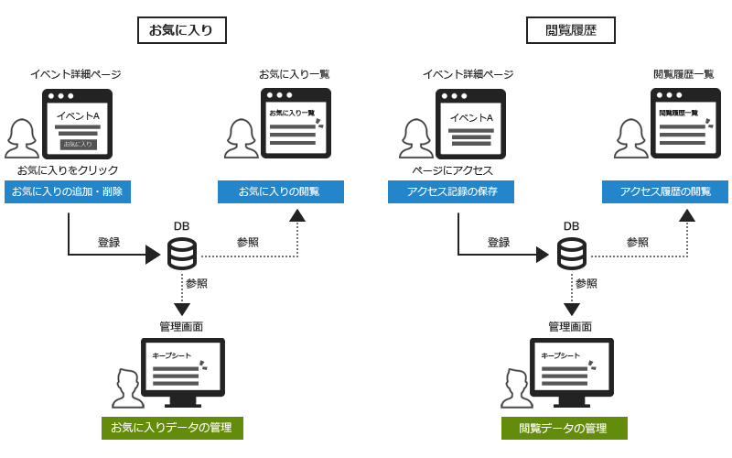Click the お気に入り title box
pyautogui.click(x=181, y=30)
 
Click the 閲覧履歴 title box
pyautogui.click(x=570, y=30)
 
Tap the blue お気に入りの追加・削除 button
pyautogui.click(x=68, y=191)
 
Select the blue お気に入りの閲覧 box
pyautogui.click(x=280, y=191)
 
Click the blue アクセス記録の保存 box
pyautogui.click(x=452, y=191)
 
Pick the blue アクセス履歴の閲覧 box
pyautogui.click(x=664, y=191)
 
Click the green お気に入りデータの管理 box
pyautogui.click(x=171, y=428)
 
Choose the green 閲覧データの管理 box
pyautogui.click(x=563, y=428)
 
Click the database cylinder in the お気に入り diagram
pyautogui.click(x=182, y=253)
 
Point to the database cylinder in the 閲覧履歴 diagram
pyautogui.click(x=572, y=253)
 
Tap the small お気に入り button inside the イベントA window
pyautogui.click(x=78, y=144)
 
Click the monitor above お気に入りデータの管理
pyautogui.click(x=183, y=371)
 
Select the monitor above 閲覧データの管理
pyautogui.click(x=572, y=371)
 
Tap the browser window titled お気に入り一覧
pyautogui.click(x=295, y=123)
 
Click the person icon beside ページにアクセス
pyautogui.click(x=416, y=138)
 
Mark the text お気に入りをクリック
pyautogui.click(x=68, y=170)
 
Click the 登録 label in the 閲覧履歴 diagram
pyautogui.click(x=499, y=243)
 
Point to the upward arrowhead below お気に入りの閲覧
pyautogui.click(x=297, y=215)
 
